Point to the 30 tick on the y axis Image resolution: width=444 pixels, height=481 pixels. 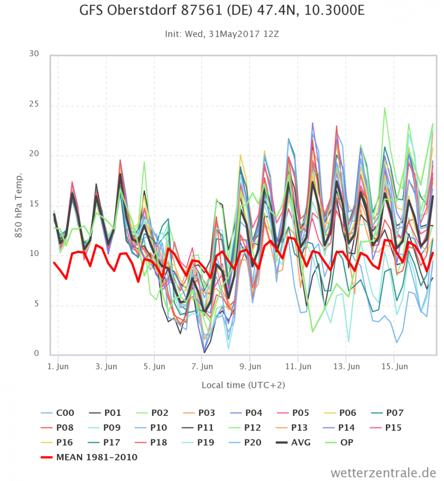[33, 54]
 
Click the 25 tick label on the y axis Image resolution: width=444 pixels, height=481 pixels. [33, 106]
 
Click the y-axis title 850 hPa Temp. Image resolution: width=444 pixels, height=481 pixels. [19, 205]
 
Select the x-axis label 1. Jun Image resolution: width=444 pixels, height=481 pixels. [58, 367]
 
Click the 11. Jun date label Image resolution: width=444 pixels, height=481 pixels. [297, 367]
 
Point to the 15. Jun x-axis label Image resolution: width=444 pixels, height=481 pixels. [394, 367]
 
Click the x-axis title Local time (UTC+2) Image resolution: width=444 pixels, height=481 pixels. [243, 385]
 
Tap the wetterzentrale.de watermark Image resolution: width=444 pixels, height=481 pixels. [383, 472]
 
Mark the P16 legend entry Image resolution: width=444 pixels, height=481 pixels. [66, 442]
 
